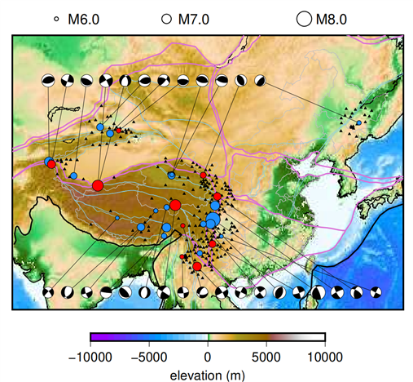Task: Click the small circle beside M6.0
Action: [x=56, y=18]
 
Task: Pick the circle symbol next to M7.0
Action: [x=166, y=18]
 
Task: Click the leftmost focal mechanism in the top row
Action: [x=48, y=80]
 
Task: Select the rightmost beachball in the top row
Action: [x=260, y=80]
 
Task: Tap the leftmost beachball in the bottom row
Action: [x=48, y=291]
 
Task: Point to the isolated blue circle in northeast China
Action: [x=359, y=122]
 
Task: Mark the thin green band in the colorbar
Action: [x=209, y=337]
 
